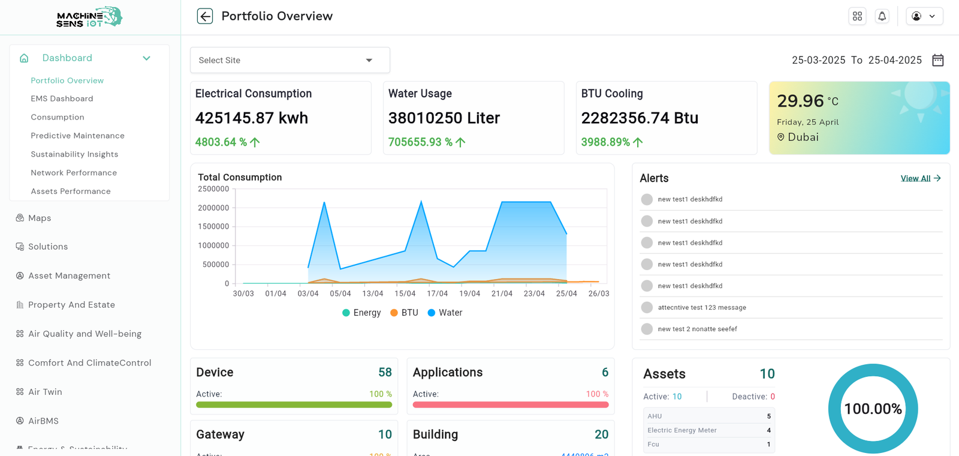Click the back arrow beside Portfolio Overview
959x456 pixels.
205,16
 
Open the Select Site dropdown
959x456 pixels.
289,60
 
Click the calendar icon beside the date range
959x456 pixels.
938,60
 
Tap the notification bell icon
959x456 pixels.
882,16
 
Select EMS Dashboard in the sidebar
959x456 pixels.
62,98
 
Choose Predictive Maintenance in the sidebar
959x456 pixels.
77,136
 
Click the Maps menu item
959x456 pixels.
40,218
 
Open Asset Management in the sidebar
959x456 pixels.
69,275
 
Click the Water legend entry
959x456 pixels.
445,313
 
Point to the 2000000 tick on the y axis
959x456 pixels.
213,208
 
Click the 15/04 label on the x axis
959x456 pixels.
405,293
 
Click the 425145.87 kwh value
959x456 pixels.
251,118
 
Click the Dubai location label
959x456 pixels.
803,137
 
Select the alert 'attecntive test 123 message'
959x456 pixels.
701,307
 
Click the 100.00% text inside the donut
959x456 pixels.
873,409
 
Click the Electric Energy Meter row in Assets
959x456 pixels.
707,430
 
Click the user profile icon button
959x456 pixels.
924,16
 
